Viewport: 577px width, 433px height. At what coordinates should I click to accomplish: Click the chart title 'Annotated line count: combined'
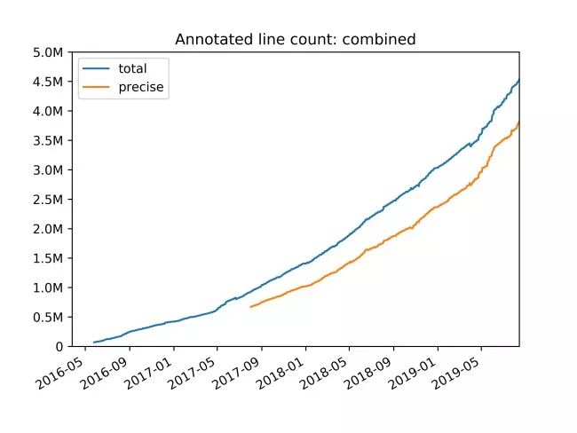tap(296, 39)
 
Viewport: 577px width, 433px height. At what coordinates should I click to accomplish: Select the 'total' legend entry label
tap(132, 68)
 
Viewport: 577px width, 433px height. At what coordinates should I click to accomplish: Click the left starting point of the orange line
tap(251, 307)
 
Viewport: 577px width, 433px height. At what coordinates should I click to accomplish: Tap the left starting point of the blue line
tap(94, 342)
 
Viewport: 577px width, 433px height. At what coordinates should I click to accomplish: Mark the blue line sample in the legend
tap(98, 68)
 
